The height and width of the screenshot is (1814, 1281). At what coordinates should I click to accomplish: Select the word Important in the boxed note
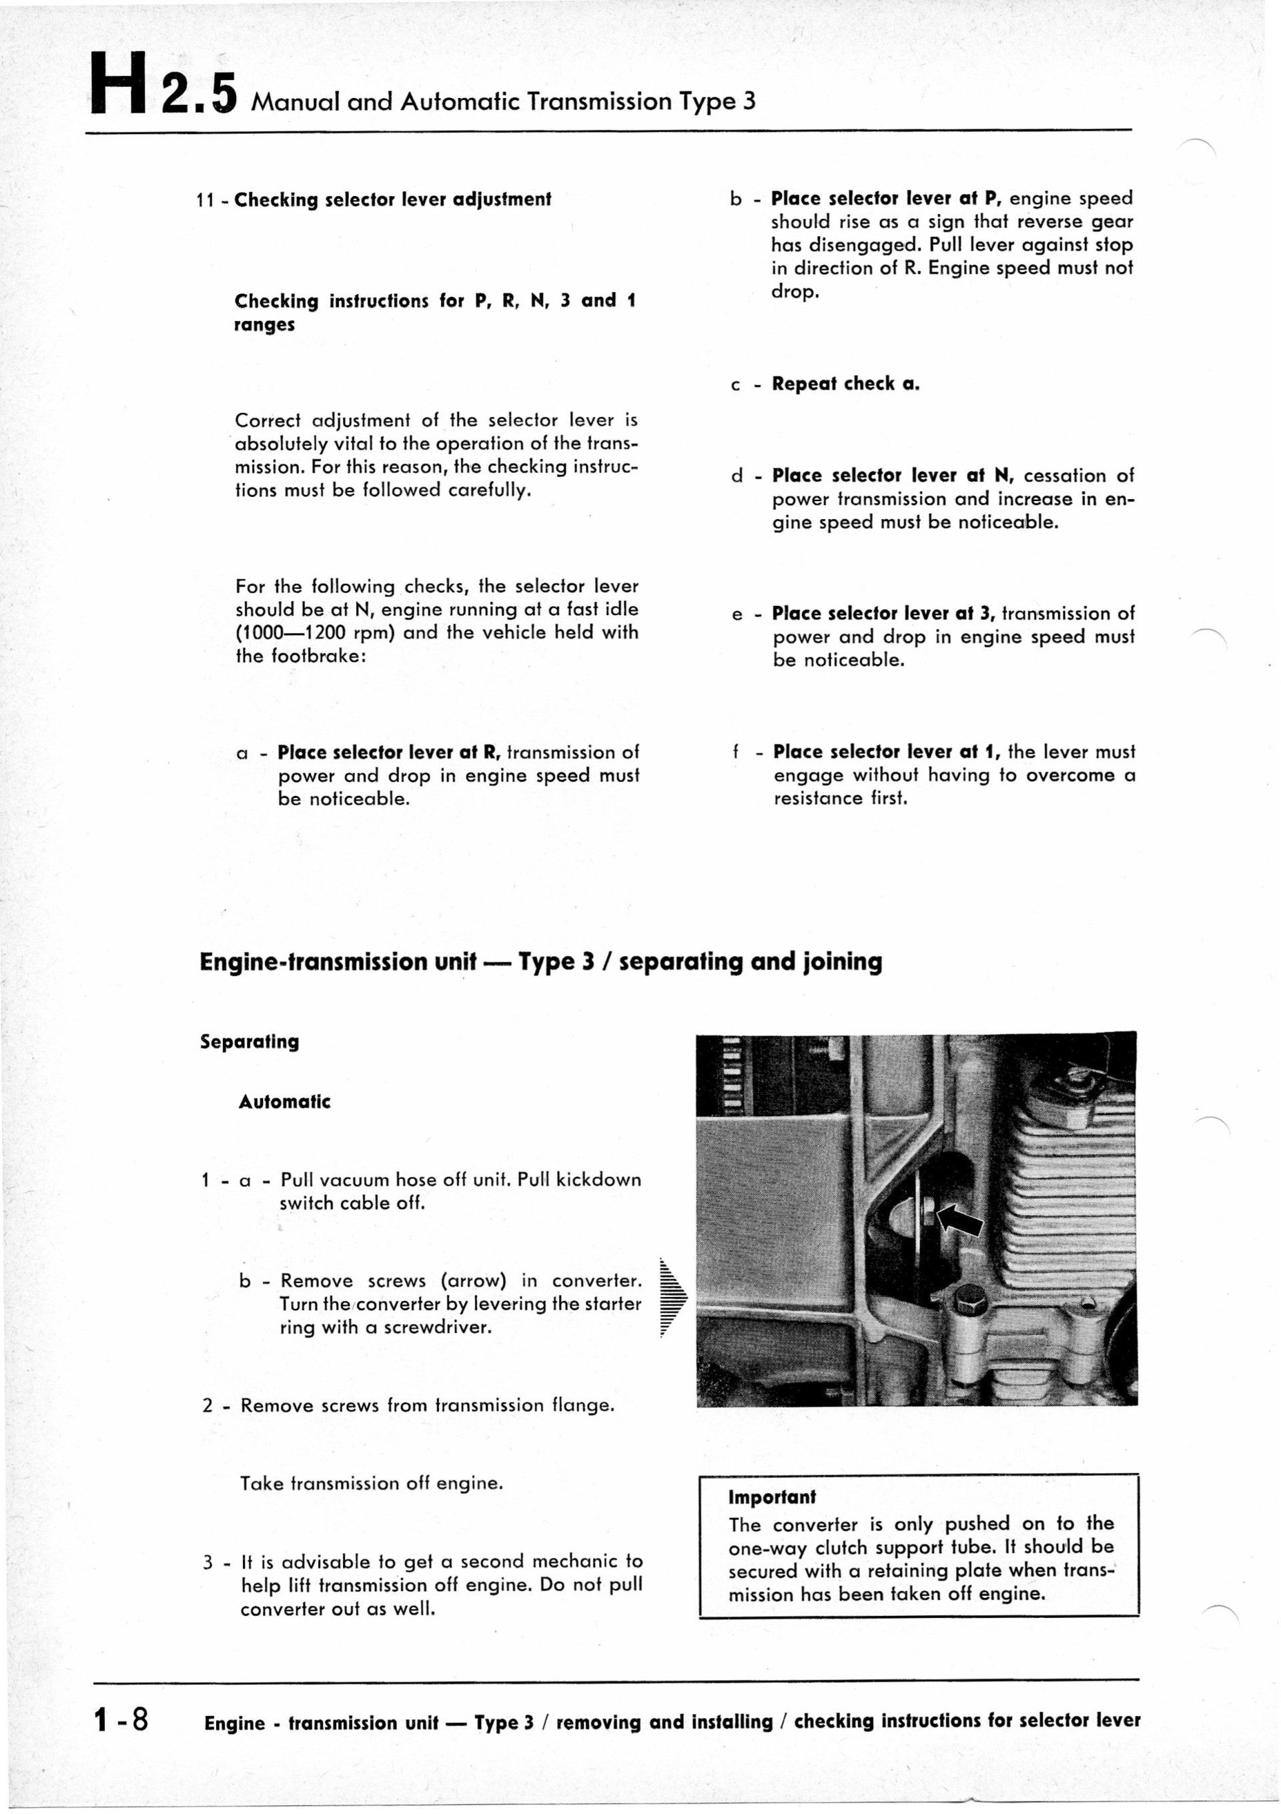pyautogui.click(x=771, y=1497)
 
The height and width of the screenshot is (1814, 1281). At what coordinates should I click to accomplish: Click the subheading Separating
pyautogui.click(x=250, y=1041)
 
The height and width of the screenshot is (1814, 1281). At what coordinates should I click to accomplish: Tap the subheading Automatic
pyautogui.click(x=284, y=1101)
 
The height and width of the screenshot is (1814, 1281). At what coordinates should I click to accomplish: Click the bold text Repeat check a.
pyautogui.click(x=845, y=384)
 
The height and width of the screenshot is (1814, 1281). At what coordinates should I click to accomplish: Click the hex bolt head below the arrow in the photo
pyautogui.click(x=965, y=1298)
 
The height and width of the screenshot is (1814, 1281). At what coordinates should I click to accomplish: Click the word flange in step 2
pyautogui.click(x=582, y=1406)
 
